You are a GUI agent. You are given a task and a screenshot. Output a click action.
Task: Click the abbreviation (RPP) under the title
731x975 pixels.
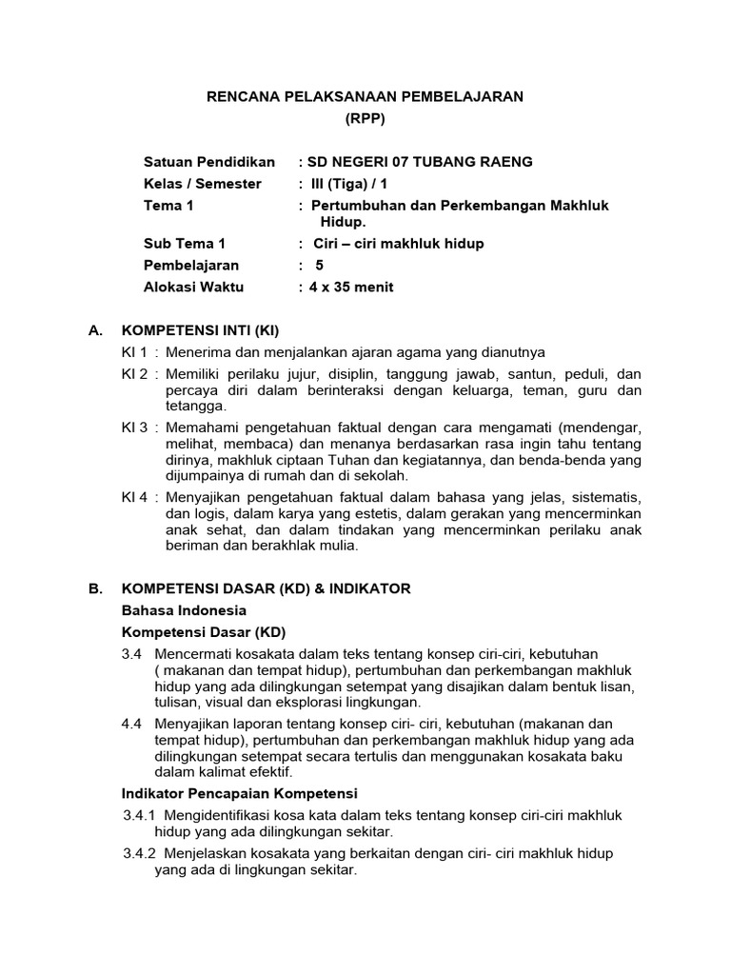[x=365, y=119]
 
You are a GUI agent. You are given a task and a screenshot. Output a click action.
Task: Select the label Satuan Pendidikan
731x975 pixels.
[x=208, y=162]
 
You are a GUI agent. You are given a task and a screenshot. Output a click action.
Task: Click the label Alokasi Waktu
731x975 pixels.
[x=193, y=287]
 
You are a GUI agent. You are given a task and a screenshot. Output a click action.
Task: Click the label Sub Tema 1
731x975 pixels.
[x=184, y=244]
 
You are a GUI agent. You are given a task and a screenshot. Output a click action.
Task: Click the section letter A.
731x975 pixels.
[x=94, y=331]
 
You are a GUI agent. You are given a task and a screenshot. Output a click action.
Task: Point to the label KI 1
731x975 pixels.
[x=134, y=352]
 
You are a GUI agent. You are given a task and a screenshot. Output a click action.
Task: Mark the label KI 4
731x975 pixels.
[x=134, y=498]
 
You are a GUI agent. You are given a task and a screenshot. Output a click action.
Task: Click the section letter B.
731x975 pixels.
[x=94, y=588]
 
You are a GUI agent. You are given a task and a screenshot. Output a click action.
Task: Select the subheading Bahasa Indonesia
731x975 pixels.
[x=185, y=610]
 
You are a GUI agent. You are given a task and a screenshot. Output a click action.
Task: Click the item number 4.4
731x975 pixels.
[x=131, y=724]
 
